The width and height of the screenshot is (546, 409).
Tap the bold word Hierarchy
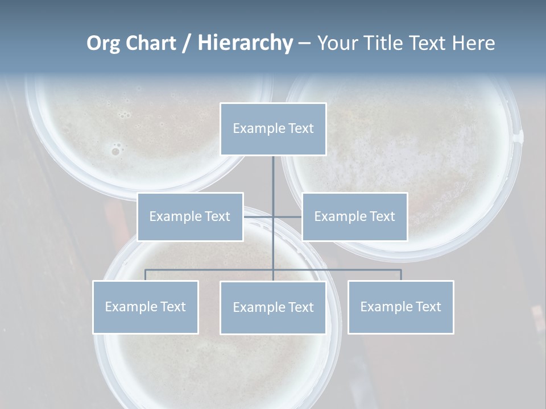tap(245, 43)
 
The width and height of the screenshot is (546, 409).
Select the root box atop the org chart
tap(273, 129)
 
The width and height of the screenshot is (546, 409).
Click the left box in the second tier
tap(190, 216)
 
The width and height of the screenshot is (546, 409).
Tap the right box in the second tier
tap(355, 216)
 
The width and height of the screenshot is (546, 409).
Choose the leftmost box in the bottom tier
tap(146, 307)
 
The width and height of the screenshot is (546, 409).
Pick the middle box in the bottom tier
tap(273, 307)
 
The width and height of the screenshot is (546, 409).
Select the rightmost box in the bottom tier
tap(401, 307)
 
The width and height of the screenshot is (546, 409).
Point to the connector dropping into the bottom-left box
tap(146, 275)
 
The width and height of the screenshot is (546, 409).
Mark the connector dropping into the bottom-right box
tap(401, 275)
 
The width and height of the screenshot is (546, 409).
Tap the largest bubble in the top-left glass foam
tap(116, 151)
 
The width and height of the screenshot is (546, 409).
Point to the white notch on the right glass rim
tap(518, 136)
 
